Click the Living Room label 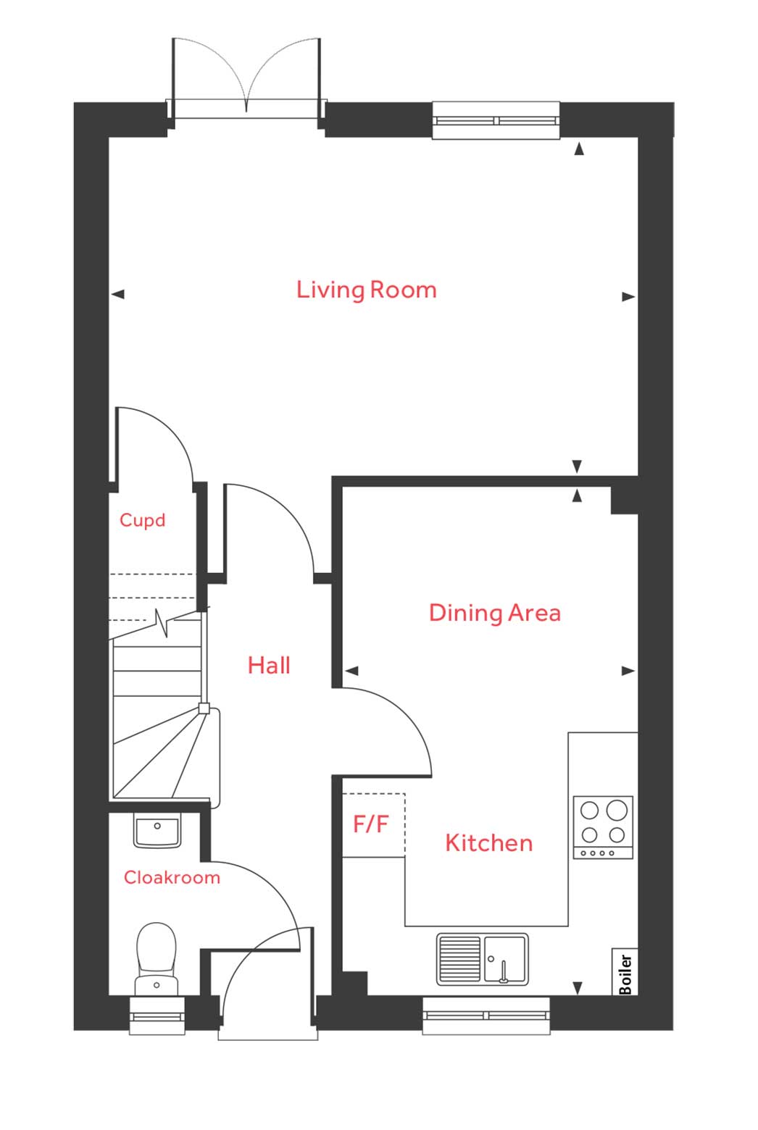(x=366, y=290)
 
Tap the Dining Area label (x=494, y=613)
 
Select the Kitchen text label (x=488, y=842)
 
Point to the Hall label (x=269, y=665)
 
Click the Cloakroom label (x=172, y=877)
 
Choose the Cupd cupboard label (x=142, y=520)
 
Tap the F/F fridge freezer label (x=371, y=824)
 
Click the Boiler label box (x=625, y=972)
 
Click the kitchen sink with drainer (x=482, y=959)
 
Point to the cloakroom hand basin (x=157, y=830)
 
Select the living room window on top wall (x=496, y=120)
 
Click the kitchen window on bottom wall (x=486, y=1015)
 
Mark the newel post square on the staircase (x=204, y=708)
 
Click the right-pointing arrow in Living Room (x=628, y=296)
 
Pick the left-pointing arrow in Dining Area (x=351, y=671)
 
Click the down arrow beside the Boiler (x=578, y=987)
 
